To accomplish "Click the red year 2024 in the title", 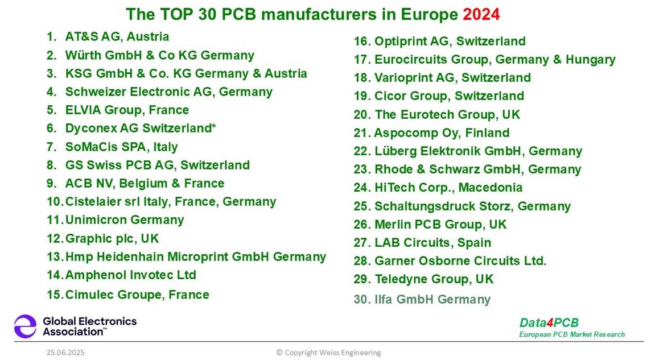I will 481,14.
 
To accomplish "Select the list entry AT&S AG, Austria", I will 117,37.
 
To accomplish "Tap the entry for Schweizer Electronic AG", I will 168,92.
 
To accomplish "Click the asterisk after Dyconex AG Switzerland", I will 214,127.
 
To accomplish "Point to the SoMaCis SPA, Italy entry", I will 121,147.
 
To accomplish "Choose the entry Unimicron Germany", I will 124,220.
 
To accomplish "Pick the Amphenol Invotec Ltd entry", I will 130,275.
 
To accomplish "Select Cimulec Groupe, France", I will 137,295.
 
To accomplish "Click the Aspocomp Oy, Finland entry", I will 442,133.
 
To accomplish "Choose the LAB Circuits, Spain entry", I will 432,243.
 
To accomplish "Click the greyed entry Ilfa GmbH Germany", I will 432,299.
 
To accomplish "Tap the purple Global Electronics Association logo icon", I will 25,326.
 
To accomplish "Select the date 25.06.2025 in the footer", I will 65,353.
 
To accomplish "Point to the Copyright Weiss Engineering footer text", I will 328,353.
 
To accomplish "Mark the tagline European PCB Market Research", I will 571,334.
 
